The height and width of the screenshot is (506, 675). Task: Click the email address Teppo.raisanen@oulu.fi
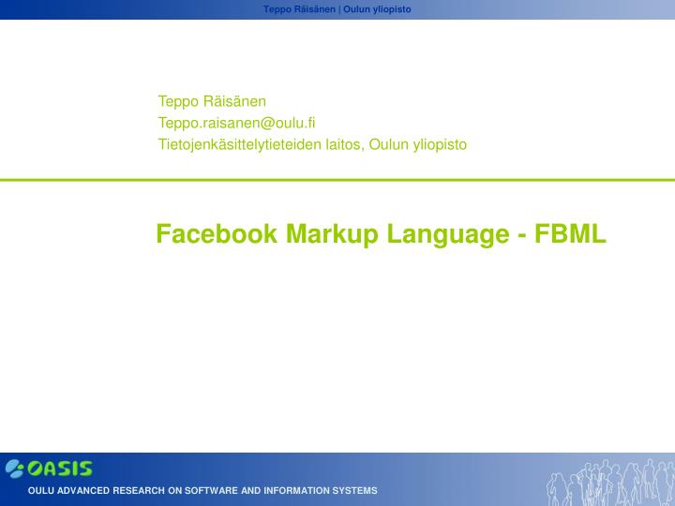coord(236,122)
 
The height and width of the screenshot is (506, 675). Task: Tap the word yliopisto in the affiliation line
coord(439,144)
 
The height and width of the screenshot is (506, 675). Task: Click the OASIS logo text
coord(60,469)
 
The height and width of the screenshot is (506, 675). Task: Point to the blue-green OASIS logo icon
coord(15,469)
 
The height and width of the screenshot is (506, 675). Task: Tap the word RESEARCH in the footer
coord(139,491)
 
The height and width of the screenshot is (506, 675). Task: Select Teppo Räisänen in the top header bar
coord(299,8)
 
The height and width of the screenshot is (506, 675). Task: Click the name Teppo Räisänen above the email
coord(212,100)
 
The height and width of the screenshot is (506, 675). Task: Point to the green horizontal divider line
coord(337,179)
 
